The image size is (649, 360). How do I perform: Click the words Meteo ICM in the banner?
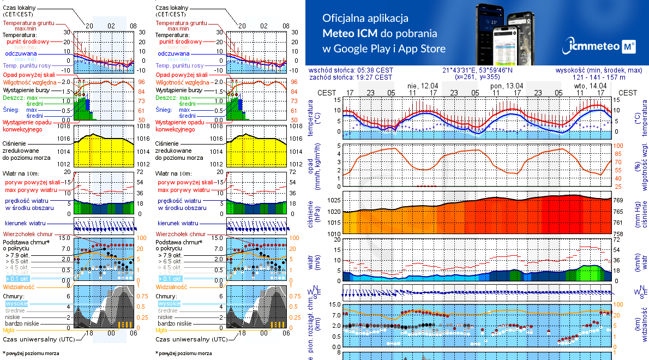click(350, 33)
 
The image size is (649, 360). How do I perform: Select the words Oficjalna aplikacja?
click(365, 17)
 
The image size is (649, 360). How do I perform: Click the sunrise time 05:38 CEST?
click(374, 70)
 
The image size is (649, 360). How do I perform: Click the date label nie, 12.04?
click(423, 86)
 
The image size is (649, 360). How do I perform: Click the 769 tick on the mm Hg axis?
click(618, 201)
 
